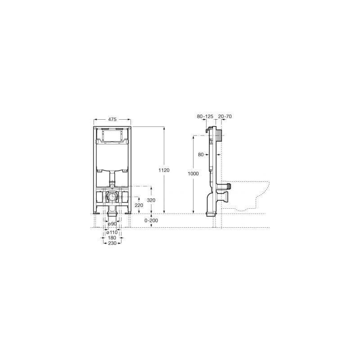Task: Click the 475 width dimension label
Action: [112, 119]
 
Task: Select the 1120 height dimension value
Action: [164, 170]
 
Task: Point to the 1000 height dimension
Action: [193, 174]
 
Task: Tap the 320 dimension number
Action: [151, 200]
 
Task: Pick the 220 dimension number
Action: [139, 205]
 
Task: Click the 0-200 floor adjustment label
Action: [151, 220]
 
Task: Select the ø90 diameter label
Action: [112, 224]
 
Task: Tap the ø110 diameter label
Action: [112, 232]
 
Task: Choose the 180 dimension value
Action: [112, 238]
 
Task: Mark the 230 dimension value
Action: [112, 243]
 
